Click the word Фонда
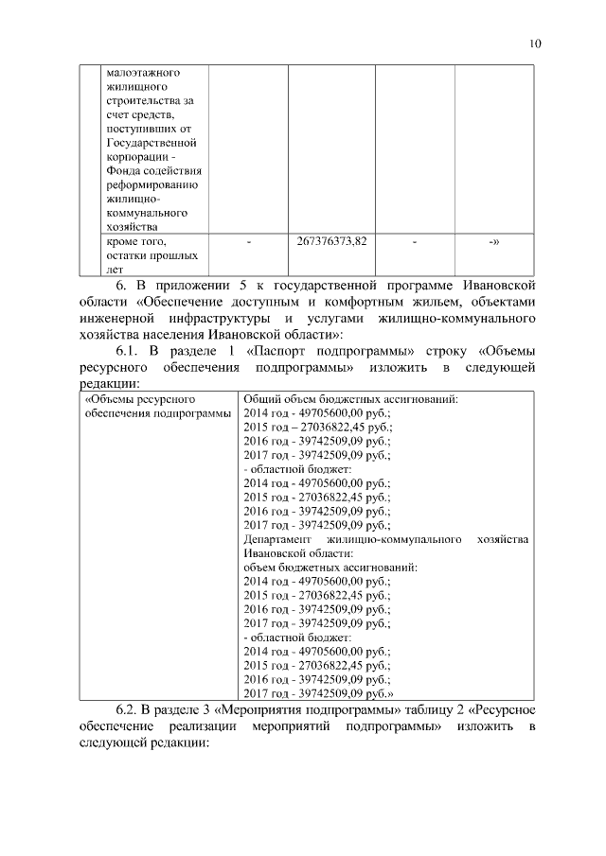click(124, 170)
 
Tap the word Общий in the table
click(261, 399)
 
